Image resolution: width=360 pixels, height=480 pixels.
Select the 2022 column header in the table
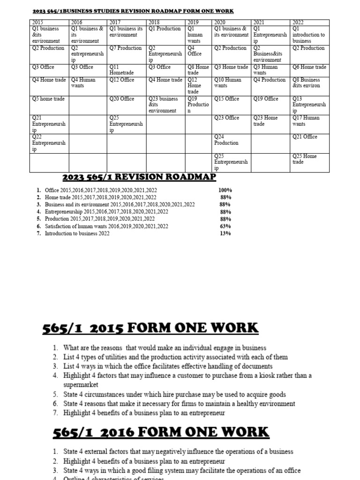(299, 22)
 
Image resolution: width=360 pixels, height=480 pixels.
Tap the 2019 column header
(193, 22)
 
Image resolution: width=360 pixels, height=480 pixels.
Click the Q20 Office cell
(121, 99)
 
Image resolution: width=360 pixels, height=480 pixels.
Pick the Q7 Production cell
(125, 48)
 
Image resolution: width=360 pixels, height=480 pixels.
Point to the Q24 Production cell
(226, 140)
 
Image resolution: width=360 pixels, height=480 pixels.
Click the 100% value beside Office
(225, 191)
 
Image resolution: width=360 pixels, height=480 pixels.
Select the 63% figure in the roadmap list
(225, 226)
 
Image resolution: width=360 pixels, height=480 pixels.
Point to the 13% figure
(225, 233)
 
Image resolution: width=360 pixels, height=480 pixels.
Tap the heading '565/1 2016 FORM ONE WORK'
(161, 432)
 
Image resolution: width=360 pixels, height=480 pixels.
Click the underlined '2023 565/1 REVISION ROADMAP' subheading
(139, 177)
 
